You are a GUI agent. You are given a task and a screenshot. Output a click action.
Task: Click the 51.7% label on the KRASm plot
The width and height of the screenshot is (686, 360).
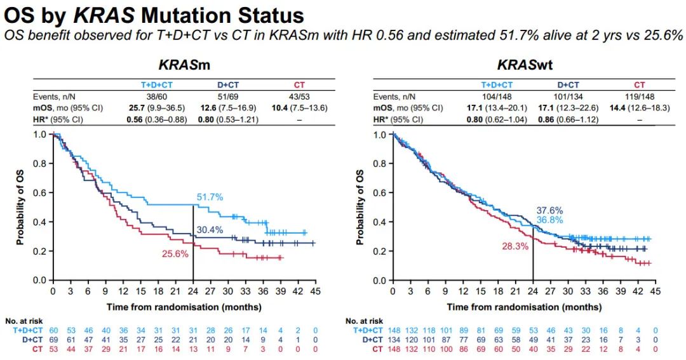pyautogui.click(x=209, y=198)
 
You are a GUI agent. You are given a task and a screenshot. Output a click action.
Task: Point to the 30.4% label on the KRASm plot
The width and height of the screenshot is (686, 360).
pyautogui.click(x=209, y=230)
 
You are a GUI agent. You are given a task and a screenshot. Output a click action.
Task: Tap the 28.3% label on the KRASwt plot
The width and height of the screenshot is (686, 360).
pyautogui.click(x=515, y=246)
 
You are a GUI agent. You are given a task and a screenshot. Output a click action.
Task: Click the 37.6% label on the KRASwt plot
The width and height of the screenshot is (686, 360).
pyautogui.click(x=549, y=210)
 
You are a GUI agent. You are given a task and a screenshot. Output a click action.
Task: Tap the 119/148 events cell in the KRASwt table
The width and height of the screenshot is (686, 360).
pyautogui.click(x=640, y=97)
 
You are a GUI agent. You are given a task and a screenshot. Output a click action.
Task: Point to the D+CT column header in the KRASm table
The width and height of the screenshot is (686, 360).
pyautogui.click(x=229, y=85)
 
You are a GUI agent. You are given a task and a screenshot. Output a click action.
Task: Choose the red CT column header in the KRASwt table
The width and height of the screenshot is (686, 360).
pyautogui.click(x=640, y=85)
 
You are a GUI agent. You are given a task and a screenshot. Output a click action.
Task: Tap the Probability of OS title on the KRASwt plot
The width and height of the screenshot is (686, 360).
pyautogui.click(x=361, y=207)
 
